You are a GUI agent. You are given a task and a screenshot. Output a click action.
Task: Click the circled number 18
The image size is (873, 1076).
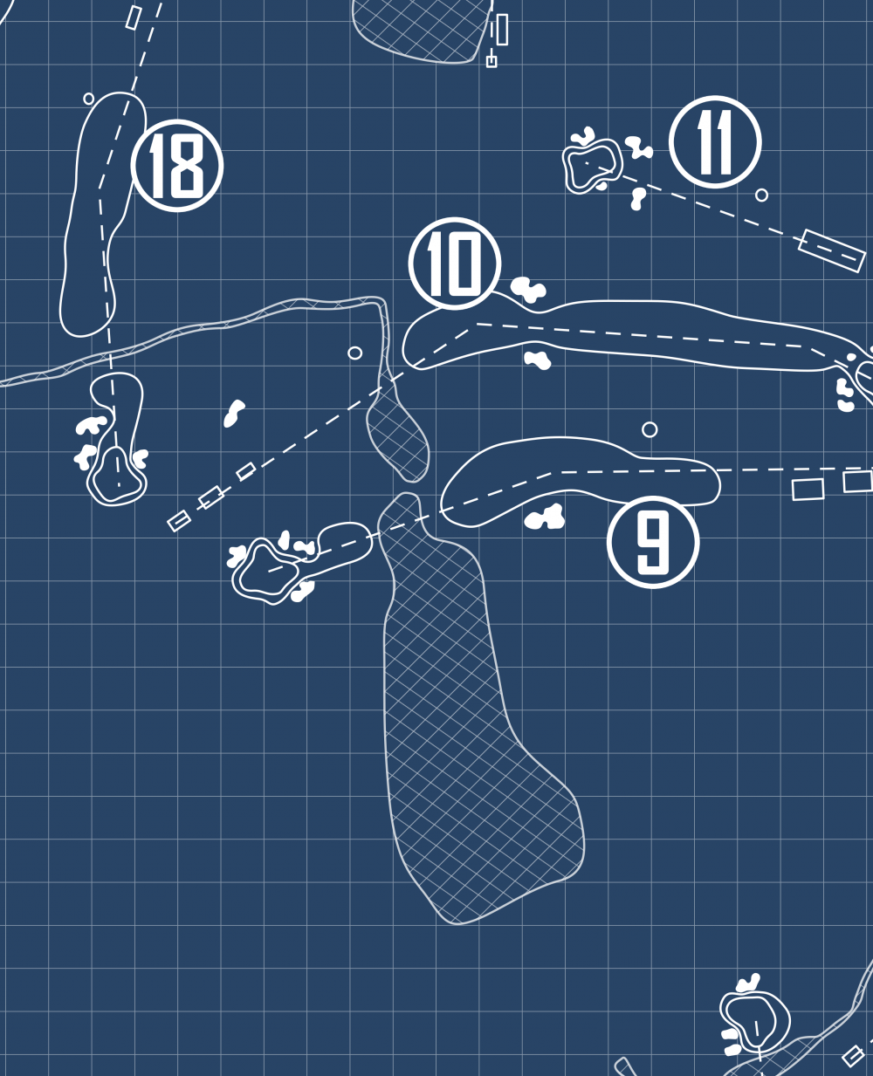coord(177,165)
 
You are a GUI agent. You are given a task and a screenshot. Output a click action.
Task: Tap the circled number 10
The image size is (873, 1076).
coord(454,263)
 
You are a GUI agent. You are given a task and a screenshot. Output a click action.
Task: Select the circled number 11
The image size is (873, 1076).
coord(715,142)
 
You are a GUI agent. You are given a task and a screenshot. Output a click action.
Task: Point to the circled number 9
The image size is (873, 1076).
coord(653,542)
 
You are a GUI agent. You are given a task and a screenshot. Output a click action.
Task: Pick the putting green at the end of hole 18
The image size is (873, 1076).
coord(116,475)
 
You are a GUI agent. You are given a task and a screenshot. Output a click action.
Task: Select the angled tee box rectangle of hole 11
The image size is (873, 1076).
coord(831,250)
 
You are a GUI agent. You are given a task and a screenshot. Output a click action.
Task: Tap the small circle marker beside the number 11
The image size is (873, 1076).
coord(761,195)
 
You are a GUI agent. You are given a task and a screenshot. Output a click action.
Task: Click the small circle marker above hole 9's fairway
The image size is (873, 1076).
coord(650,429)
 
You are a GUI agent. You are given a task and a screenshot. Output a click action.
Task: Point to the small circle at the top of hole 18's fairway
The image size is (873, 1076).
coord(89,99)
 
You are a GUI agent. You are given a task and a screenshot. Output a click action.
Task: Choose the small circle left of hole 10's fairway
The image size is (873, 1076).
coord(354,353)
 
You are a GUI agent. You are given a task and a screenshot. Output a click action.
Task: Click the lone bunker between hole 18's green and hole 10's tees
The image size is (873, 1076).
coord(233,414)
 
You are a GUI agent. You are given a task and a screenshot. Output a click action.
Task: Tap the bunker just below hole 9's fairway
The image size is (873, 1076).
coord(545,518)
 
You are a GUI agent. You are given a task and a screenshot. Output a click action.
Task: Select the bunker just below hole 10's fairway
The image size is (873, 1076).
coord(538,359)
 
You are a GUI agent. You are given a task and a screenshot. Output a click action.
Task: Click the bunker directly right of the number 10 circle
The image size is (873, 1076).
coord(527,289)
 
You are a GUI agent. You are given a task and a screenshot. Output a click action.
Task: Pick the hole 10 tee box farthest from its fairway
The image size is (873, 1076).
coord(179,521)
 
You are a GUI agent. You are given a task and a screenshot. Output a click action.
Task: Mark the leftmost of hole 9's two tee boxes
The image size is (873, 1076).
coord(808,490)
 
